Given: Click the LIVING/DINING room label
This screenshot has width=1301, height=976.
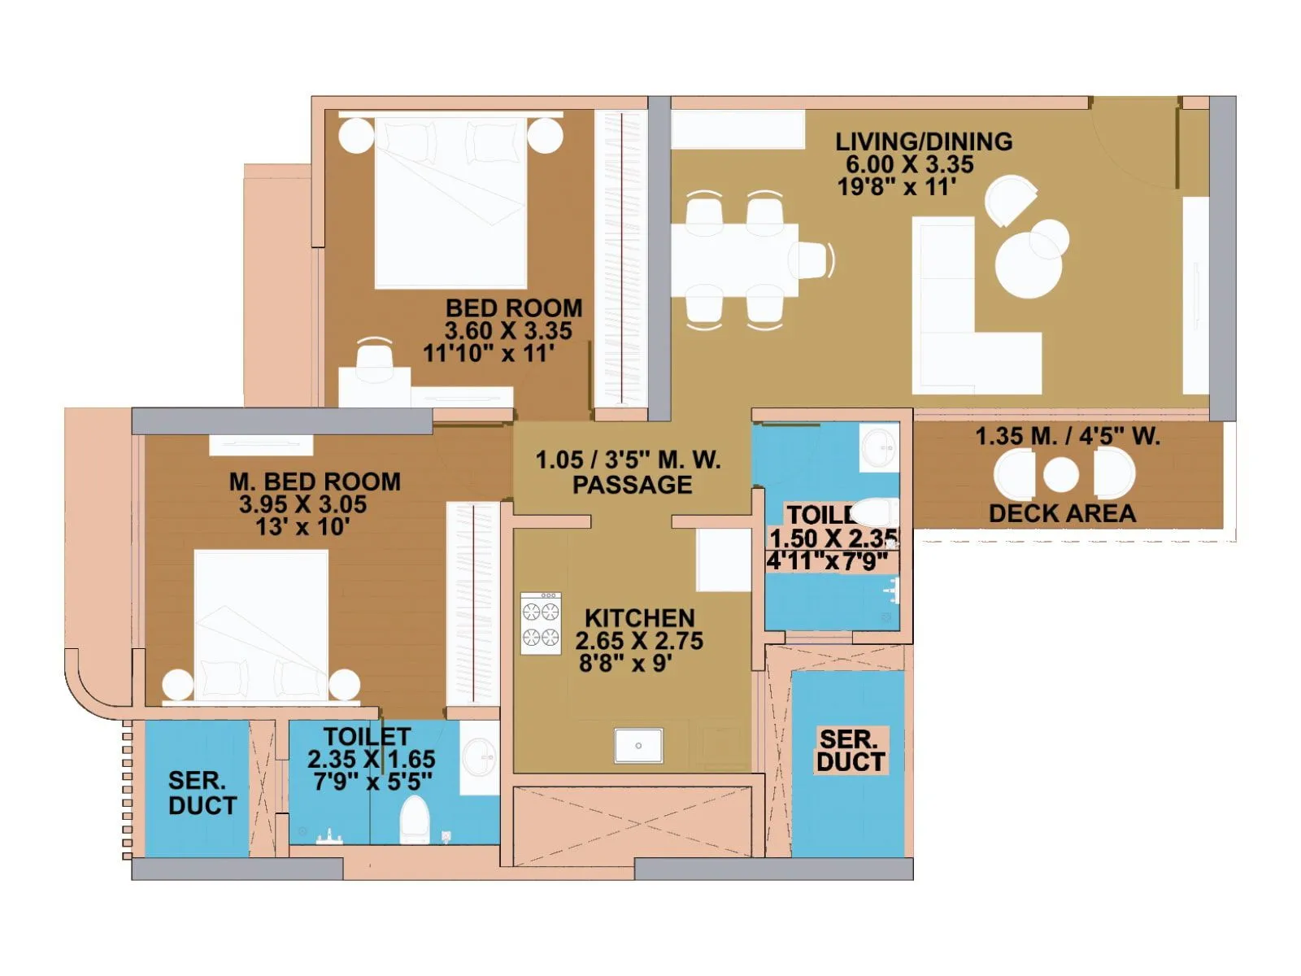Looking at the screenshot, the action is pos(924,142).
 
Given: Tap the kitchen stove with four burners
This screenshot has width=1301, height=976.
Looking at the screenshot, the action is pos(541,623).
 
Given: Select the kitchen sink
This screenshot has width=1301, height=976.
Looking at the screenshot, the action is pos(638,745).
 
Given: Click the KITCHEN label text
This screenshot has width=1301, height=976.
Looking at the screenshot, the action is pos(639,618).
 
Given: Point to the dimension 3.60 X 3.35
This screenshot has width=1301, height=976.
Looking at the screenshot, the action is pos(508,331).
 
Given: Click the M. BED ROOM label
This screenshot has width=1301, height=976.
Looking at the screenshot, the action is pos(315,481).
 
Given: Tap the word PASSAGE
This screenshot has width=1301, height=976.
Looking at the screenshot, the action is pos(632,485).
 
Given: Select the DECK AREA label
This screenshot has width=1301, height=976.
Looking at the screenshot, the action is pos(1062,513).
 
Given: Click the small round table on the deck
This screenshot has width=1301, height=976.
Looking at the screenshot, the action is pos(1060,475).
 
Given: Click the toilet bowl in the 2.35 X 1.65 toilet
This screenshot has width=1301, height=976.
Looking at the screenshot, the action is pos(415,820).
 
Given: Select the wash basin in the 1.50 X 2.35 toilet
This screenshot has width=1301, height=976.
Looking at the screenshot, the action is pos(880,447).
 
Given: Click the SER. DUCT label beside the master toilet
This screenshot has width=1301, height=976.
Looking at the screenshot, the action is pos(202,793).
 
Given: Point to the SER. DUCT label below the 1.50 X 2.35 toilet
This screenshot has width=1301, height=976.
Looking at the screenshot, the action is pos(850,751).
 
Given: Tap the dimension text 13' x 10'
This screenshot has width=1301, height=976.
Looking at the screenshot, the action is pos(302,527).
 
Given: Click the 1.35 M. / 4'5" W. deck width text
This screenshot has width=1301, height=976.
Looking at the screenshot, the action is pos(1067,437).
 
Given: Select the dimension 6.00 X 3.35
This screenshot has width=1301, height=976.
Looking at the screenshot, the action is pos(909,164).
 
